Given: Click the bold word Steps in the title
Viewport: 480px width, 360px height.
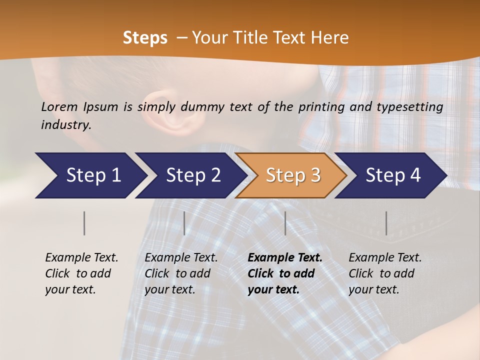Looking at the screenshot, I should [x=145, y=38].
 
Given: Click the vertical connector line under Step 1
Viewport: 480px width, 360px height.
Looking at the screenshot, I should [x=84, y=223].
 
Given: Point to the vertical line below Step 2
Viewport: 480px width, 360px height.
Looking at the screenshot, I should [x=184, y=223].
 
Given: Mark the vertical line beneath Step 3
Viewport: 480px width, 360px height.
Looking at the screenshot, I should [x=285, y=223].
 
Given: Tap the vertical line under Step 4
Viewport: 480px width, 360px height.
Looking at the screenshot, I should [x=386, y=223].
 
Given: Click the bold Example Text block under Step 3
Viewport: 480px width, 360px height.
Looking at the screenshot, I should [x=285, y=273].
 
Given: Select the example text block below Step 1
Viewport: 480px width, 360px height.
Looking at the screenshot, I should [x=81, y=273].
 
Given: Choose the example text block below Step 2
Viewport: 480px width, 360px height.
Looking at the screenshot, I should [x=181, y=273].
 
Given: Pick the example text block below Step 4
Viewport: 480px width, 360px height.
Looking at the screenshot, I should [x=385, y=273].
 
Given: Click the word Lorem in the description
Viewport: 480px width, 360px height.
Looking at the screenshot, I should [x=59, y=106].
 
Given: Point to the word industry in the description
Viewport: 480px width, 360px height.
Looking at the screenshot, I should [x=65, y=125].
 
